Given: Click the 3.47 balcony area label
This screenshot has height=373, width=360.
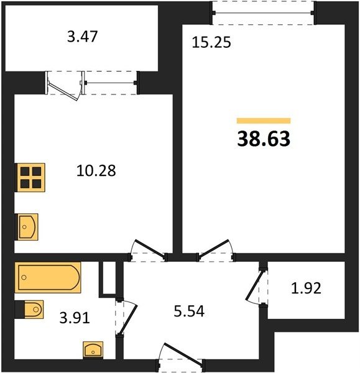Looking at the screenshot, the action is (x=82, y=37).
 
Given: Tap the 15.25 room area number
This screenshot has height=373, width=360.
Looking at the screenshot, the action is (x=211, y=42).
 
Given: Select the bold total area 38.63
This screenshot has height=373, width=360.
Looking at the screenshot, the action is (x=264, y=139).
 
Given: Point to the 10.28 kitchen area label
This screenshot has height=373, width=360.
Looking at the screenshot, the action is (x=96, y=170).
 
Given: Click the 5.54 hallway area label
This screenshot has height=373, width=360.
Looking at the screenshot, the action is (x=189, y=311).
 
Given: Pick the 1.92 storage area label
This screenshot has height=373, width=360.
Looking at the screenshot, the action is (x=307, y=288).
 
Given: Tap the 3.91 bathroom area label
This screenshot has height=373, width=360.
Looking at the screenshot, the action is (x=75, y=318).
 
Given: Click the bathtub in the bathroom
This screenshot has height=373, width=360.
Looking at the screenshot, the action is (x=48, y=277).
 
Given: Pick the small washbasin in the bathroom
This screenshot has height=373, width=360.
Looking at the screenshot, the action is (x=93, y=350).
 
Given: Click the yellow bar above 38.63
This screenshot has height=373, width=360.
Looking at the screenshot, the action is (x=264, y=121).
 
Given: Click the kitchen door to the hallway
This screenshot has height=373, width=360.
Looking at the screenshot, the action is (x=149, y=248).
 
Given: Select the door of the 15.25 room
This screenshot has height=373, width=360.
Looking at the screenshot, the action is (x=215, y=248).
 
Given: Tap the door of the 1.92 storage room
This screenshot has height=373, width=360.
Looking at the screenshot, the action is (x=254, y=285).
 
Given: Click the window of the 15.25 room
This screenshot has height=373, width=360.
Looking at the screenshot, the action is (x=264, y=12).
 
